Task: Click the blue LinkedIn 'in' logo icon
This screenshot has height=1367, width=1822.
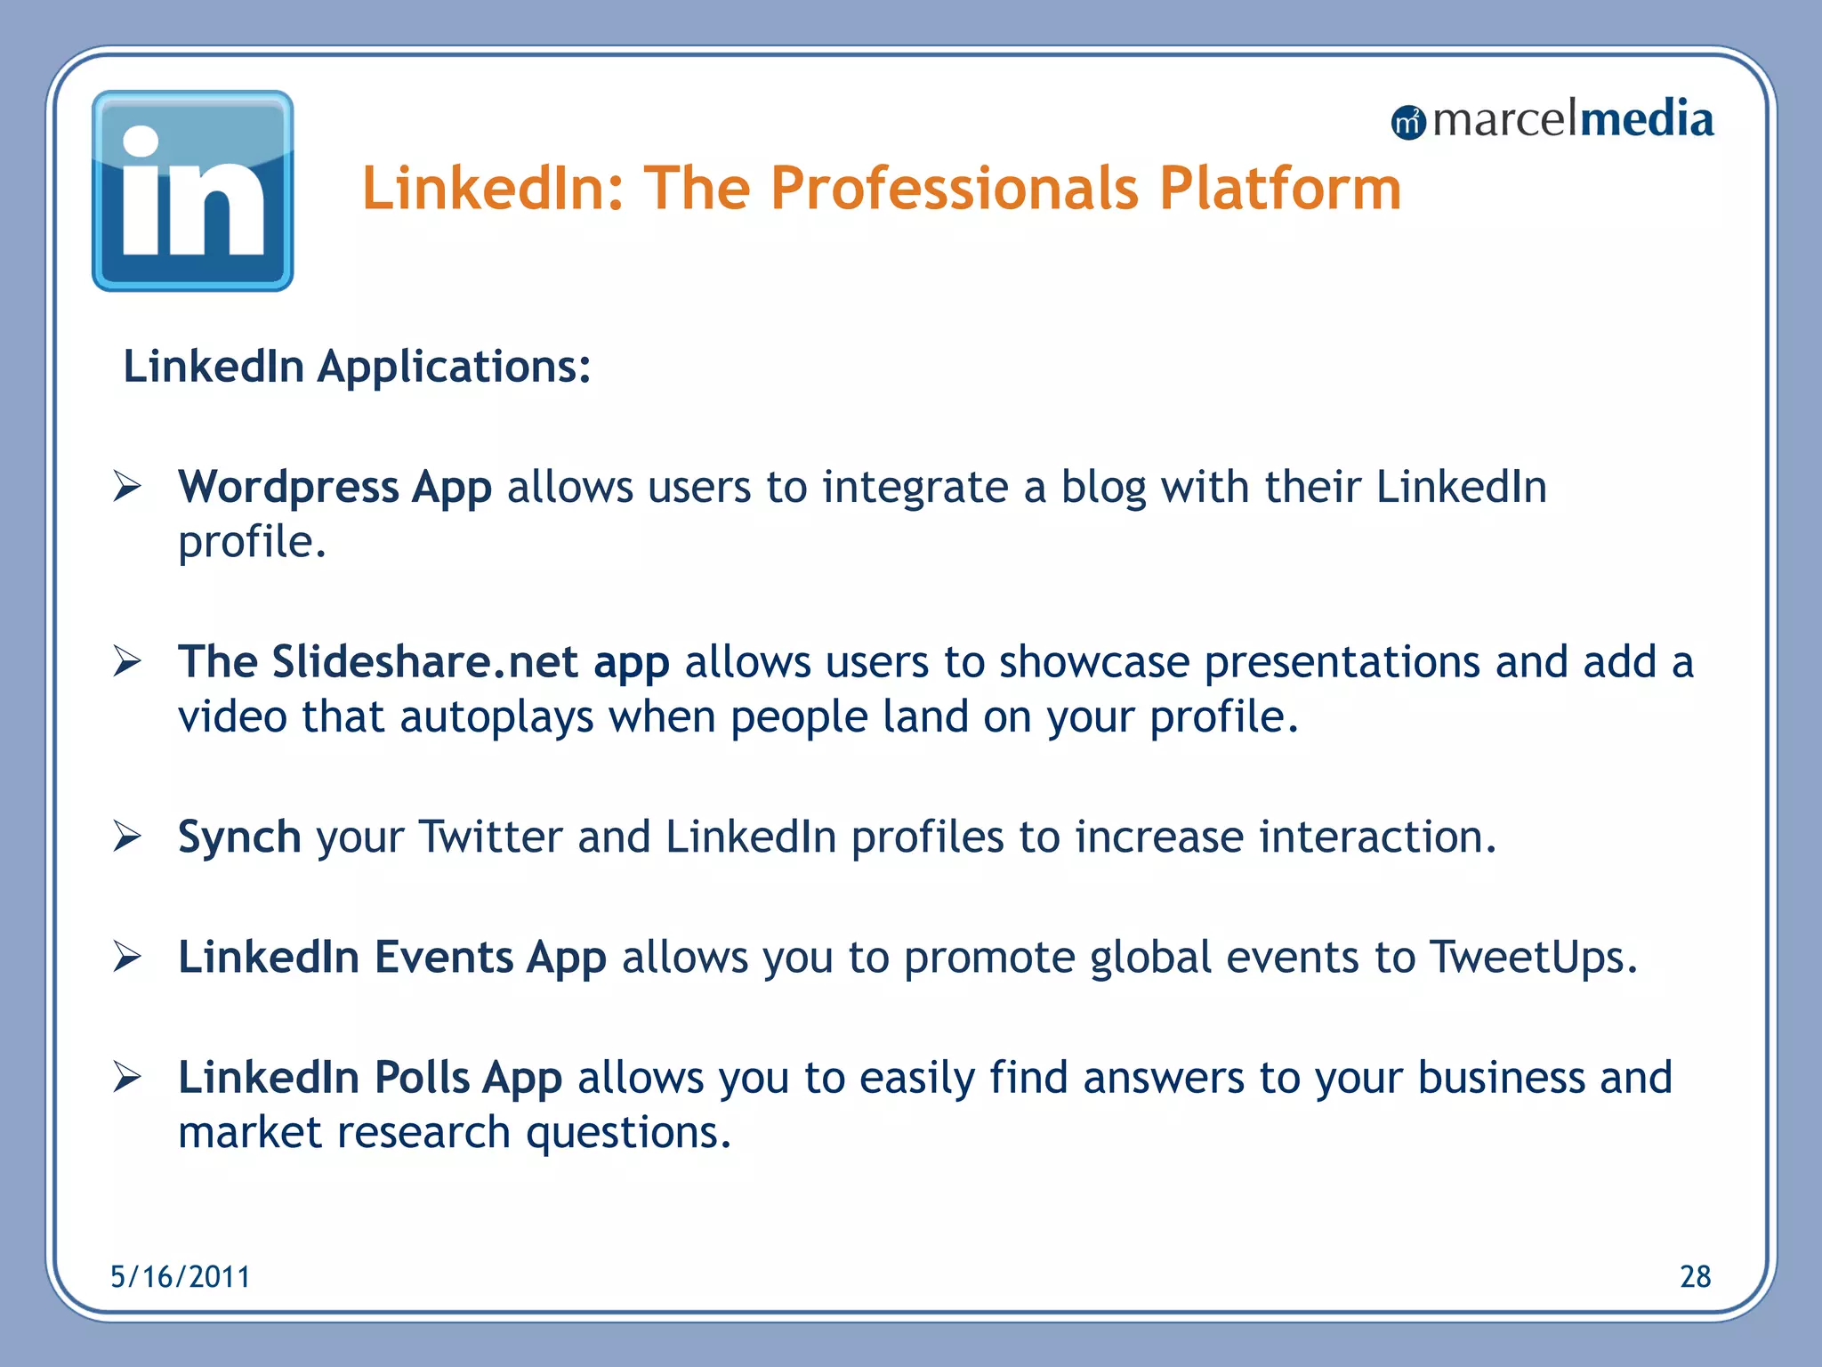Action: point(192,190)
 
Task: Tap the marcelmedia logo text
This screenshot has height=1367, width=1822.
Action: point(1572,119)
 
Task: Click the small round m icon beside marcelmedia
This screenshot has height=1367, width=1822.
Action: point(1408,123)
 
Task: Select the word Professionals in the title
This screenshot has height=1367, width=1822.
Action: point(954,189)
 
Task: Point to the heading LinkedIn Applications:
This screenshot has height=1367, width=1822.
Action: point(357,367)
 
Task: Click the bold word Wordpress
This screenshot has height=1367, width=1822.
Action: point(288,487)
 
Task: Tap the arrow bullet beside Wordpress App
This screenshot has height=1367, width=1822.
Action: point(127,487)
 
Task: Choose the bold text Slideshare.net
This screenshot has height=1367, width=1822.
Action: point(424,662)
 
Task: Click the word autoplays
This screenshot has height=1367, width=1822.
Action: point(496,717)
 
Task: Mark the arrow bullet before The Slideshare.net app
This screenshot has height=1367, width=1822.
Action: point(127,661)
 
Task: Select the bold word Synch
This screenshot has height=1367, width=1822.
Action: point(239,837)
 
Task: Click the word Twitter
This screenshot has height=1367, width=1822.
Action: point(490,837)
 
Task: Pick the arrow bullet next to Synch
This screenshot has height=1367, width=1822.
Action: point(127,837)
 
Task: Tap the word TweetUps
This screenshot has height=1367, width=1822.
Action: point(1532,959)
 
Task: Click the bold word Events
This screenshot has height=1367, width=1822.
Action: point(443,958)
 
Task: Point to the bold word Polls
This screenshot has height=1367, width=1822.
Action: point(421,1078)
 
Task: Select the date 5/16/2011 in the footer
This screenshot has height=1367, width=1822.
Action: point(181,1277)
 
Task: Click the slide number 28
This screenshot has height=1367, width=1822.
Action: point(1695,1277)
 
